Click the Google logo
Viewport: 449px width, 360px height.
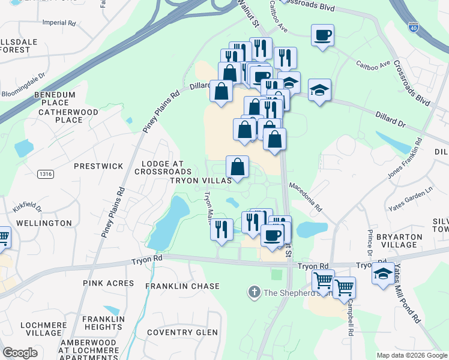tap(19, 353)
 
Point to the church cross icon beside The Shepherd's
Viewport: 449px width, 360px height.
tap(254, 293)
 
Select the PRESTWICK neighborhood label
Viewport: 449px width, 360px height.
tap(98, 166)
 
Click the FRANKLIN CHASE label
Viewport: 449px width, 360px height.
tap(182, 287)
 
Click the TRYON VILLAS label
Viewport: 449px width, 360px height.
tap(200, 181)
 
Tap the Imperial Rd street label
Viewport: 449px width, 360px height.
tap(59, 23)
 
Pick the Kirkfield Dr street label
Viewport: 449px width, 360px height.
tap(27, 209)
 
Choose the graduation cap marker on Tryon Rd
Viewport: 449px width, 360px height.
tap(383, 274)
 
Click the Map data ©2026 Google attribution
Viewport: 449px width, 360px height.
tap(412, 355)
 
